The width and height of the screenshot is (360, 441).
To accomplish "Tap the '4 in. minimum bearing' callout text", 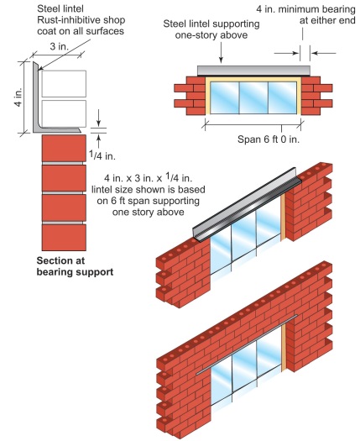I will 305,9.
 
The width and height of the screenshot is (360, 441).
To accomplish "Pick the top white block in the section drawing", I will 64,84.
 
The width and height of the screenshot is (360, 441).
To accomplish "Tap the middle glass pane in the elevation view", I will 253,97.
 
